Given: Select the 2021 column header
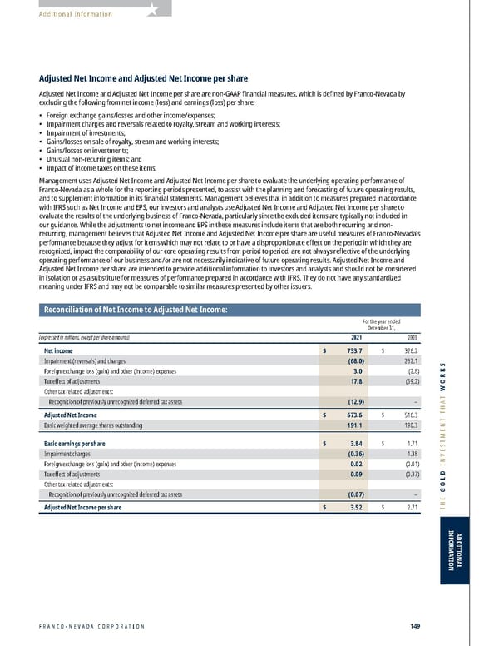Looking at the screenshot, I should (x=356, y=337).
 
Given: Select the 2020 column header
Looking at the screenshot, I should (x=412, y=337).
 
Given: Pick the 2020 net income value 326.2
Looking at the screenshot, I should (x=409, y=351).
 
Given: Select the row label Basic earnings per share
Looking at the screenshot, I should (x=74, y=443).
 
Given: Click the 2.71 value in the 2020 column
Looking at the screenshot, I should (x=411, y=507).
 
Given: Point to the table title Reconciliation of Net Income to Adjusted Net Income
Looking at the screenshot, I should (x=134, y=311).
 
